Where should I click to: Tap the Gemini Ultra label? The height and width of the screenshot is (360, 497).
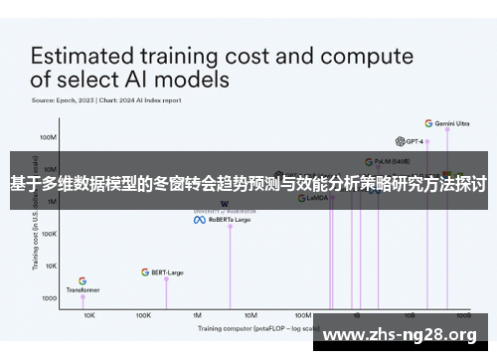[x=453, y=124]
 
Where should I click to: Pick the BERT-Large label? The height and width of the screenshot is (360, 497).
[x=167, y=271]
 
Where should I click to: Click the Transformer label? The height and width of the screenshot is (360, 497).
[x=83, y=290]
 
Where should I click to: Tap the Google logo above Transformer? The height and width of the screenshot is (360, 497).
[x=83, y=281]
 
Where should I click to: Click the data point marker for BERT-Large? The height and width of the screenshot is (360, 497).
[x=166, y=278]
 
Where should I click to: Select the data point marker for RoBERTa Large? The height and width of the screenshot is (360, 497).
[x=230, y=227]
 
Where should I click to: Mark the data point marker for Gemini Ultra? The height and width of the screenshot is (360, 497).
[x=447, y=129]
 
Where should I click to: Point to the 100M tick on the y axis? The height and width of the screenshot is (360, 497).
[x=48, y=137]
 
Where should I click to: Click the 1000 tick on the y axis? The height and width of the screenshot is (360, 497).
[x=49, y=298]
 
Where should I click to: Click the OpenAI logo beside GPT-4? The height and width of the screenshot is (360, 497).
[x=400, y=141]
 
